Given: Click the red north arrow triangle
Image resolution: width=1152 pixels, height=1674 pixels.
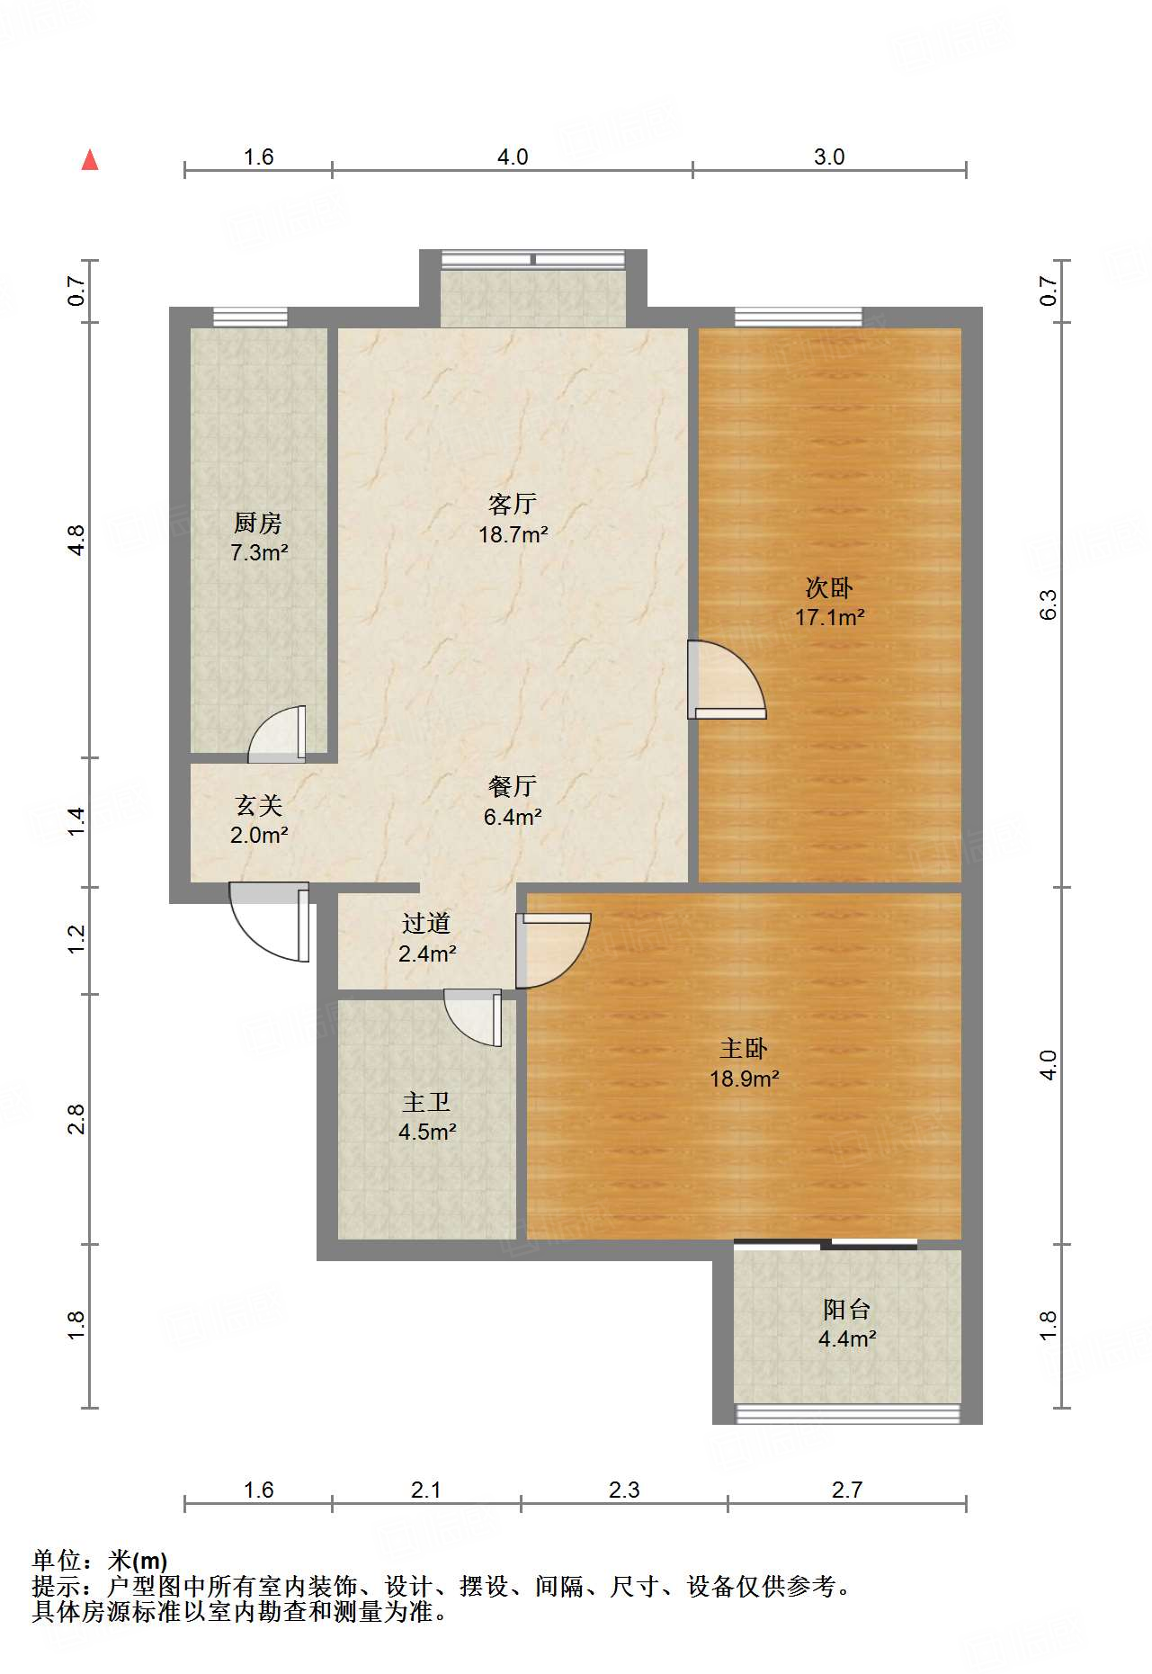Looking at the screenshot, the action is pos(90,160).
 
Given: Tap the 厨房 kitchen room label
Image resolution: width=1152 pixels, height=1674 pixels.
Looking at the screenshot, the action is pos(258,522).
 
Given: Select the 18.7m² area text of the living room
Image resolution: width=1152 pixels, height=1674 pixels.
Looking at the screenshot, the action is pos(513,534).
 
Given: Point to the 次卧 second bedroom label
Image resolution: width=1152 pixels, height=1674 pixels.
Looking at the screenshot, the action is pos(829,587).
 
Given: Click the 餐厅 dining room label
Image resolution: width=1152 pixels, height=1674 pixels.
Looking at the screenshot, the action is pos(513,786).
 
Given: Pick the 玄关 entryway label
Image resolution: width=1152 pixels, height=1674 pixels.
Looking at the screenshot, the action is pos(259,805).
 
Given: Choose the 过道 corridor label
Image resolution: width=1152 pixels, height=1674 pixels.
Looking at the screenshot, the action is pos(426,923).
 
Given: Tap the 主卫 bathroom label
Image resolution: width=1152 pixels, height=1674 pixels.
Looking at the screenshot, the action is pos(426,1102).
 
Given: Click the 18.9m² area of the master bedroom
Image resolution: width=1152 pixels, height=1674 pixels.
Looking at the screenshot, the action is pos(744,1079).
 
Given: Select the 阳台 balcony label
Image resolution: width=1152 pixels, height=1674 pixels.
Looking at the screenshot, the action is pos(846,1309).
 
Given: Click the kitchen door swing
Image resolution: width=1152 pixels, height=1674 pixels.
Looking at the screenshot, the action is pos(277,733).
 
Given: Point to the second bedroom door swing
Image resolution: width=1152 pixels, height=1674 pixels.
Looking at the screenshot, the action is pos(727,679).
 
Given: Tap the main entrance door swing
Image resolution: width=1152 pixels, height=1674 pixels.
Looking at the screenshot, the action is pos(270,922).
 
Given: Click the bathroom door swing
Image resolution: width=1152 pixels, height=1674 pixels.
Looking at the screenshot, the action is pos(473,1017).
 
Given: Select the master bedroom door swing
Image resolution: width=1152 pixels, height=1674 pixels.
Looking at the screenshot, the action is pos(553,951).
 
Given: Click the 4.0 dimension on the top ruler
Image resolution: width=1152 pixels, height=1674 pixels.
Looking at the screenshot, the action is pos(513,157).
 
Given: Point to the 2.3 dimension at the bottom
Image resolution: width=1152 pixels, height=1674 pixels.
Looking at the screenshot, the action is pos(624,1490).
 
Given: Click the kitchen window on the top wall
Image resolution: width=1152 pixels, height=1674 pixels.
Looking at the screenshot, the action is pos(250,317).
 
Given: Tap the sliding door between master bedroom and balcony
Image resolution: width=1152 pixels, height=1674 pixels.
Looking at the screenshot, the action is pos(826,1245).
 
